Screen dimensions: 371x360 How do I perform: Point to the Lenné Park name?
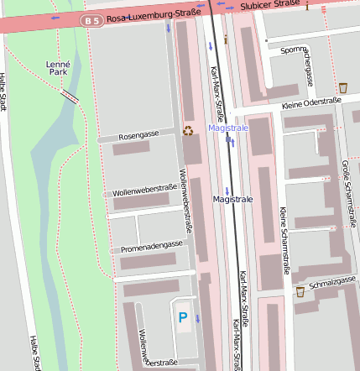pos(59,68)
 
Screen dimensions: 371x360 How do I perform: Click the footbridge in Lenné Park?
pos(70,97)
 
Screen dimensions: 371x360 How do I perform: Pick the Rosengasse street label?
pos(138,135)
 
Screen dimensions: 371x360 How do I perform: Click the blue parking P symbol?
pos(183,316)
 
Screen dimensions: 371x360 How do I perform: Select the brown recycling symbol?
pos(188,130)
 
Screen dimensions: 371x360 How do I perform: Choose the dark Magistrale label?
pos(232,200)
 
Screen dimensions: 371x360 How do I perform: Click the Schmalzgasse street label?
pos(333,284)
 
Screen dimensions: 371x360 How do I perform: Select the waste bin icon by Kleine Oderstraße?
pos(342,87)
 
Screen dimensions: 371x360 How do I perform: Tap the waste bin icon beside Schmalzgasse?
pos(300,292)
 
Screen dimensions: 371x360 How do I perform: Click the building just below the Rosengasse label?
pos(131,149)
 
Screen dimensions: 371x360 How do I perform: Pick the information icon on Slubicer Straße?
pos(307,7)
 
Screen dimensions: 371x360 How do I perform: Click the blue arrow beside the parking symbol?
pos(197,319)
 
